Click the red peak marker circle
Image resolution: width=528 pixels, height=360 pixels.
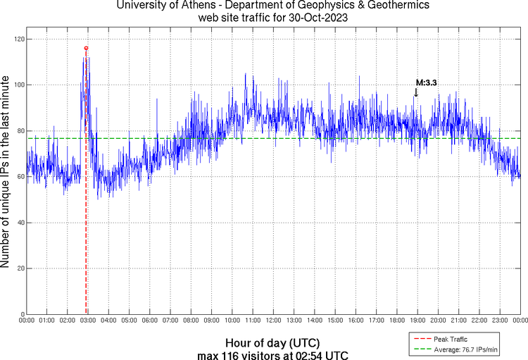point(86,48)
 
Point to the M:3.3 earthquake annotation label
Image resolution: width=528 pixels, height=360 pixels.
point(426,83)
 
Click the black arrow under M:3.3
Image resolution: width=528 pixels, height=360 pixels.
point(416,92)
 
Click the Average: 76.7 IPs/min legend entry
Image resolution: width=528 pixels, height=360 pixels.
point(462,349)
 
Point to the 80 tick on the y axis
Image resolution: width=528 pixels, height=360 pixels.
point(18,131)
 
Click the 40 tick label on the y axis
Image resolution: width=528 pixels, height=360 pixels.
point(18,223)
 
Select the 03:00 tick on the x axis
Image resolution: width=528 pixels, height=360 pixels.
point(88,321)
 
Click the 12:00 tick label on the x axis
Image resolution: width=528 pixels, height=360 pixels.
point(273,321)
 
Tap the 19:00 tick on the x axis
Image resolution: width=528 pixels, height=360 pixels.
point(417,321)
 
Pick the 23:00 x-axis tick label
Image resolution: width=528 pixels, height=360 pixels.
point(499,321)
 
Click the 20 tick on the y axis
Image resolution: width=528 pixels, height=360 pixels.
point(18,268)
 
